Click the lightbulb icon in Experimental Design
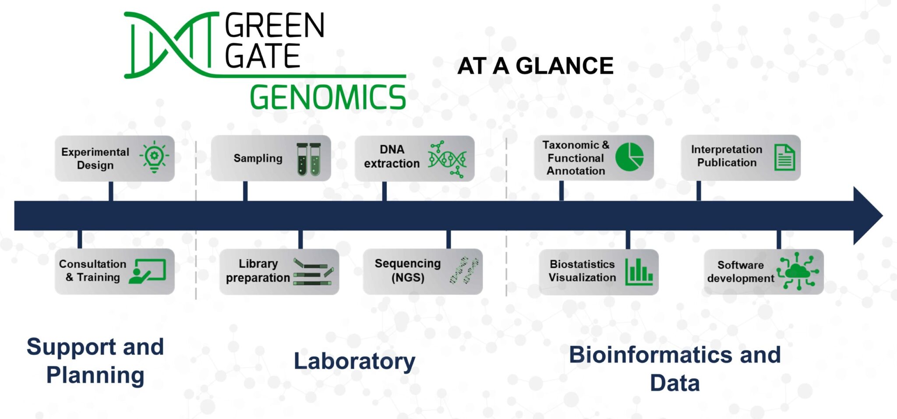pos(154,157)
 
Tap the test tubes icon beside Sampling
pos(309,159)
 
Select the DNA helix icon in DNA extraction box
pos(447,159)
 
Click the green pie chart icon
pos(629,157)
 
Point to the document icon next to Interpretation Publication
pos(784,157)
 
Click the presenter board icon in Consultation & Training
pos(148,271)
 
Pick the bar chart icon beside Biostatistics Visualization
pos(639,272)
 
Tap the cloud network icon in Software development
pos(797,271)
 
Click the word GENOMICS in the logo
pos(328,97)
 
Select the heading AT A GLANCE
pos(535,66)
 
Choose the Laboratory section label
pos(354,361)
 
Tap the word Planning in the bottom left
pos(95,375)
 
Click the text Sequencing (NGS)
pos(407,270)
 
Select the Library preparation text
pos(258,271)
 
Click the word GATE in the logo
pos(262,56)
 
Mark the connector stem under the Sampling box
pos(245,191)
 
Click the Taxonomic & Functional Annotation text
pos(576,158)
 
